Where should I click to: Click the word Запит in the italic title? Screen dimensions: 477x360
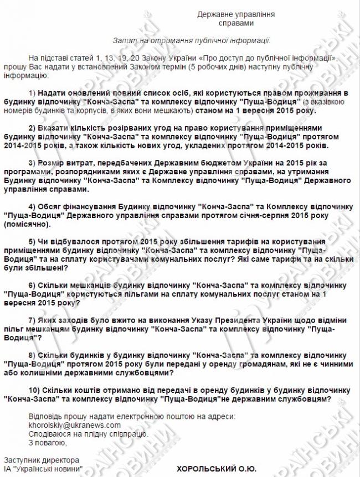click(x=124, y=40)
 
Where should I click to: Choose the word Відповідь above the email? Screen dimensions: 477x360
click(x=44, y=416)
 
